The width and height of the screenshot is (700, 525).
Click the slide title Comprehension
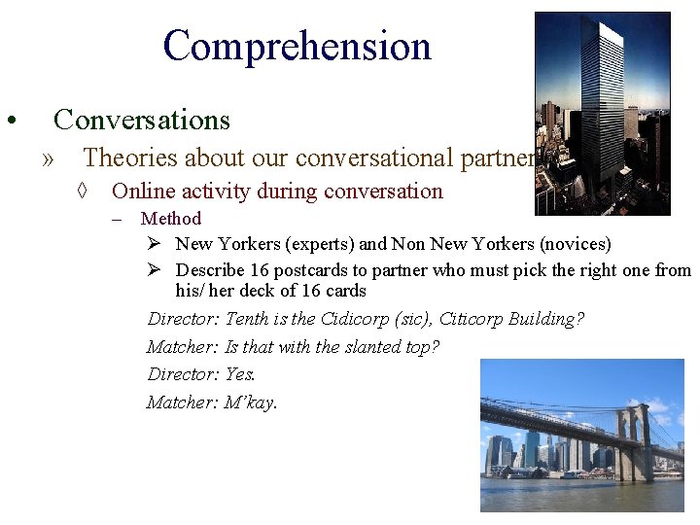pyautogui.click(x=297, y=46)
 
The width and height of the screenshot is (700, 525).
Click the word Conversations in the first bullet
pyautogui.click(x=142, y=120)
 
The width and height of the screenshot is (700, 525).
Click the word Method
pyautogui.click(x=171, y=219)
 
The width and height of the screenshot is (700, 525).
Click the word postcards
pyautogui.click(x=310, y=269)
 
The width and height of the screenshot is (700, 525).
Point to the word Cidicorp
pyautogui.click(x=356, y=319)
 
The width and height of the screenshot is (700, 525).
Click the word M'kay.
pyautogui.click(x=251, y=402)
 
